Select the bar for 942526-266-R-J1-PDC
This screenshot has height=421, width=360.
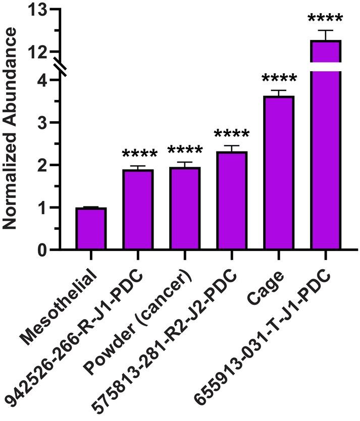[138, 209]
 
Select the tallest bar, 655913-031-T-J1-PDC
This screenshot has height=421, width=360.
[326, 151]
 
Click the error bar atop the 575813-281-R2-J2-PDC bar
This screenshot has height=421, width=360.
[232, 148]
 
